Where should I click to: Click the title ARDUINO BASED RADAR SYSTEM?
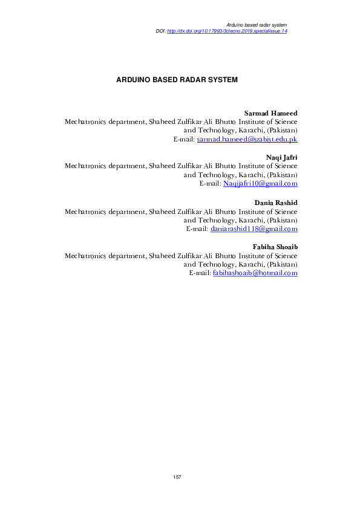pos(177,79)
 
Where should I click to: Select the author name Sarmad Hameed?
pos(270,113)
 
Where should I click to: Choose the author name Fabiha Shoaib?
pos(274,247)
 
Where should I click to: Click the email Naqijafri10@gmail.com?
pos(260,184)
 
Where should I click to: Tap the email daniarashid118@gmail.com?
pos(254,229)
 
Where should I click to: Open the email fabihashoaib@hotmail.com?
pos(255,273)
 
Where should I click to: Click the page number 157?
pos(177,478)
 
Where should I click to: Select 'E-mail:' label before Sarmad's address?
pos(183,139)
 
